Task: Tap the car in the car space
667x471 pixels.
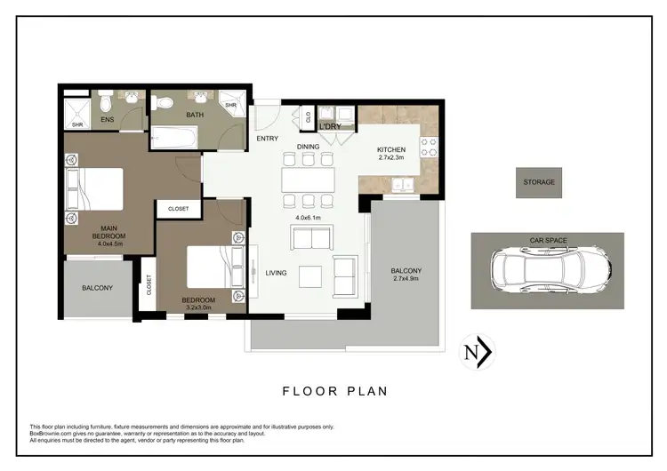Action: [x=546, y=271]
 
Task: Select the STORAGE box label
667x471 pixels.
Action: [x=538, y=182]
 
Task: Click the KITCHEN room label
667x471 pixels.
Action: [x=391, y=150]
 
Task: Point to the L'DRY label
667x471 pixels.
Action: [x=331, y=127]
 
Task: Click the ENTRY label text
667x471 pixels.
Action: [x=267, y=139]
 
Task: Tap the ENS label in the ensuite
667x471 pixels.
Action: [x=107, y=119]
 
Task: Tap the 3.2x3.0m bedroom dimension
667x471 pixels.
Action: [x=198, y=308]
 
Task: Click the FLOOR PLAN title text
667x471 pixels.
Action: [x=334, y=390]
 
